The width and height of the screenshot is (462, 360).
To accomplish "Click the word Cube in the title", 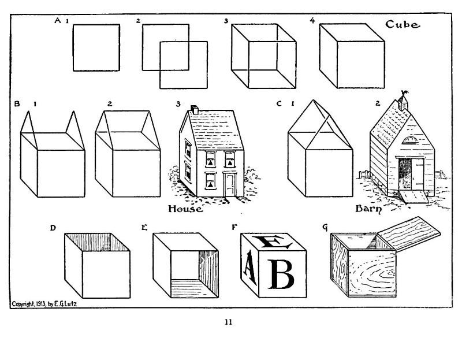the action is tap(403, 24).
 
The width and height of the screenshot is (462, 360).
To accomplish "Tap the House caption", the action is tap(185, 209).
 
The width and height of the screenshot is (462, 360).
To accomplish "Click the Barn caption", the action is tap(368, 209).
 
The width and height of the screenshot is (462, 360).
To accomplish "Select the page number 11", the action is tap(228, 322).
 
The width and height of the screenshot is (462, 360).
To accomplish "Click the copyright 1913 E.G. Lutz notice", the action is tap(44, 304).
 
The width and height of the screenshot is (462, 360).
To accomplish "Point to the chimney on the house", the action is tap(195, 109).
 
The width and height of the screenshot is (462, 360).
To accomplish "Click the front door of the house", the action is tap(230, 184).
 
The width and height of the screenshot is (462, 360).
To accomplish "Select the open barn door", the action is tap(418, 173).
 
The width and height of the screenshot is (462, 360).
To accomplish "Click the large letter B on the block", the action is tap(281, 274).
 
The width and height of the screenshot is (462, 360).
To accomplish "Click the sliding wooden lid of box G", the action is tap(409, 233).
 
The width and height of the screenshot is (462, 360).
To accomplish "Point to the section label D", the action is tap(53, 228).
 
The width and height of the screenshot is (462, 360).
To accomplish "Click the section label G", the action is tap(325, 227).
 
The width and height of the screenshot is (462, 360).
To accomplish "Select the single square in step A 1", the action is tap(96, 47).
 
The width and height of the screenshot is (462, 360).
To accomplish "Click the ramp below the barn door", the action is tap(413, 196).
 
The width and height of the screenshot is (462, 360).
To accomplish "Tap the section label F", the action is tap(234, 227).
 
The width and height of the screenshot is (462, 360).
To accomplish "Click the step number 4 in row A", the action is tap(312, 20).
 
